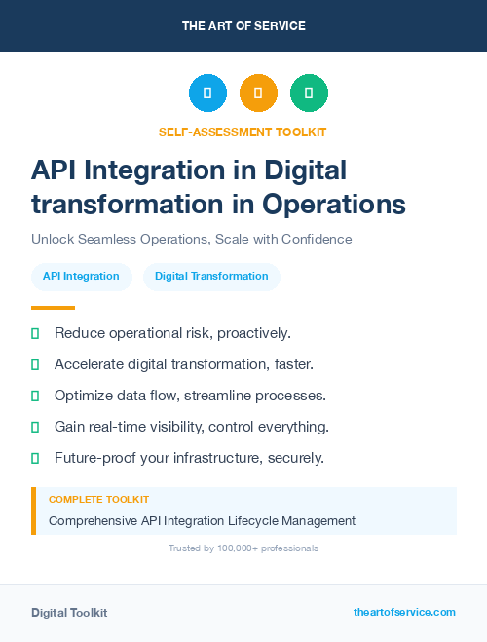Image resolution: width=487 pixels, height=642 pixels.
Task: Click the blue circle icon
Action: [207, 93]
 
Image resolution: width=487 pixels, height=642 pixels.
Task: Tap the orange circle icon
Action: [258, 93]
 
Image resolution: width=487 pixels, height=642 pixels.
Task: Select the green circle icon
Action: [309, 93]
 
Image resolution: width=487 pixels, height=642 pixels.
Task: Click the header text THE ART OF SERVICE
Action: [243, 26]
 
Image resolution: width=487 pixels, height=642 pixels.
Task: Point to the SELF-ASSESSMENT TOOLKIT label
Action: [243, 132]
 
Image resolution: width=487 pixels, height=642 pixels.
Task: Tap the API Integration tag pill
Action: [81, 276]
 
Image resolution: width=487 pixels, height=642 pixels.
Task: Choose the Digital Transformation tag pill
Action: [211, 276]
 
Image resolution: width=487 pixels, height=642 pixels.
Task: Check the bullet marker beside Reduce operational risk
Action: [35, 334]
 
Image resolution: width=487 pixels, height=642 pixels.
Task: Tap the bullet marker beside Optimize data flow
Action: [35, 396]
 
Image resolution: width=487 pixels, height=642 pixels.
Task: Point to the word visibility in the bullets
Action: [198, 427]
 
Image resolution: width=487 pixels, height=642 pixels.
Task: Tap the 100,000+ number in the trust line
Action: [224, 548]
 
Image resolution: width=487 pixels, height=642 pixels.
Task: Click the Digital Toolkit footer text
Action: [69, 612]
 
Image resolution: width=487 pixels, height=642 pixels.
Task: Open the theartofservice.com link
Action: [404, 612]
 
